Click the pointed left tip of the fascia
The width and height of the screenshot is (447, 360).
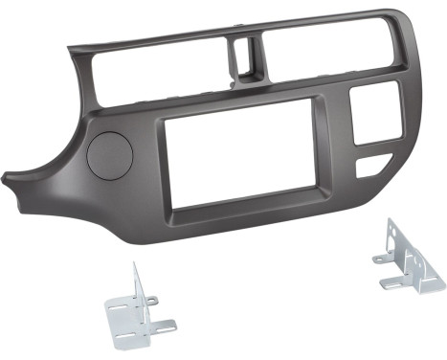pyautogui.click(x=8, y=177)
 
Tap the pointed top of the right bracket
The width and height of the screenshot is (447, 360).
pyautogui.click(x=391, y=222)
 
